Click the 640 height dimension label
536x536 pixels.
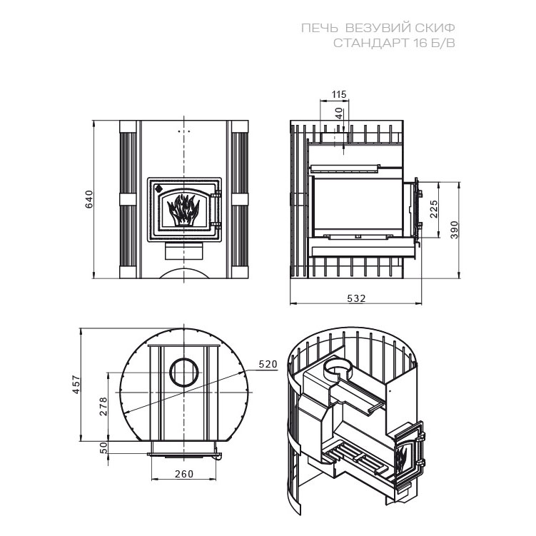[x=89, y=199]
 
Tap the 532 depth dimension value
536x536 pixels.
[x=356, y=298]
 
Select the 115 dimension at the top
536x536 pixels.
[x=339, y=94]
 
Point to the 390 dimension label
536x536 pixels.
[x=454, y=230]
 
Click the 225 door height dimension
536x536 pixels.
[x=433, y=209]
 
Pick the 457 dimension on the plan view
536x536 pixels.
[x=76, y=385]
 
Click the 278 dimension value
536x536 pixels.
[x=103, y=406]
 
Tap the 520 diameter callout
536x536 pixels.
[x=268, y=365]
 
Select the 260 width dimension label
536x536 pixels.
[x=184, y=474]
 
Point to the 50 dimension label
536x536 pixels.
[x=103, y=447]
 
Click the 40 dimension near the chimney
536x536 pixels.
[x=338, y=113]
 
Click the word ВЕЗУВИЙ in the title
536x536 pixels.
[x=377, y=28]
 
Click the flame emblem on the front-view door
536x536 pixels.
[x=183, y=210]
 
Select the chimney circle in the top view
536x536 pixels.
[x=184, y=373]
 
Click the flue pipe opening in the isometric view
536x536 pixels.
[x=338, y=368]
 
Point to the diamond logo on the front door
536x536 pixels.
[x=158, y=188]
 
